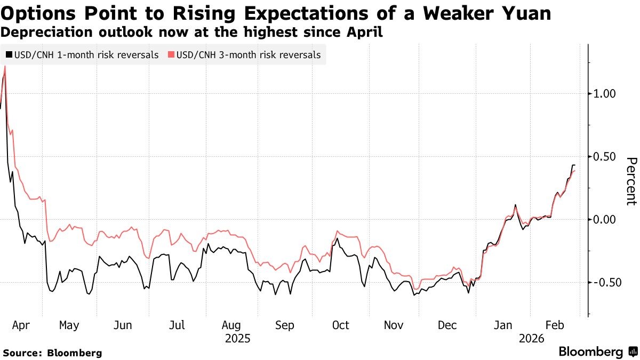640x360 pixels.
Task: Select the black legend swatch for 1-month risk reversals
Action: click(9, 54)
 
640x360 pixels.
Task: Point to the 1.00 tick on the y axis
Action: click(604, 93)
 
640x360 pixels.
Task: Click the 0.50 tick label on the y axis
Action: click(604, 156)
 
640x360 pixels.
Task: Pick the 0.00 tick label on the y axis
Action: click(604, 219)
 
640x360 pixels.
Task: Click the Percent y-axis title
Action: click(630, 181)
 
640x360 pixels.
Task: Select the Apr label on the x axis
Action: click(20, 325)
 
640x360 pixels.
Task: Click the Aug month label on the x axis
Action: click(231, 325)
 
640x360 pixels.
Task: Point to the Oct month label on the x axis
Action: click(340, 325)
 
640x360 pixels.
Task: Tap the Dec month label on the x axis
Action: click(446, 325)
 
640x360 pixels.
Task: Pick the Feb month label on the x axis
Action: click(555, 325)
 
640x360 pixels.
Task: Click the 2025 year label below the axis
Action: click(238, 339)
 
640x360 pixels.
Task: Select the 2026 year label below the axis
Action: click(531, 339)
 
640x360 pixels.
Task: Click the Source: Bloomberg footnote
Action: click(52, 353)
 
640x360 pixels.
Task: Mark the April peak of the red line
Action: click(5, 66)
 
